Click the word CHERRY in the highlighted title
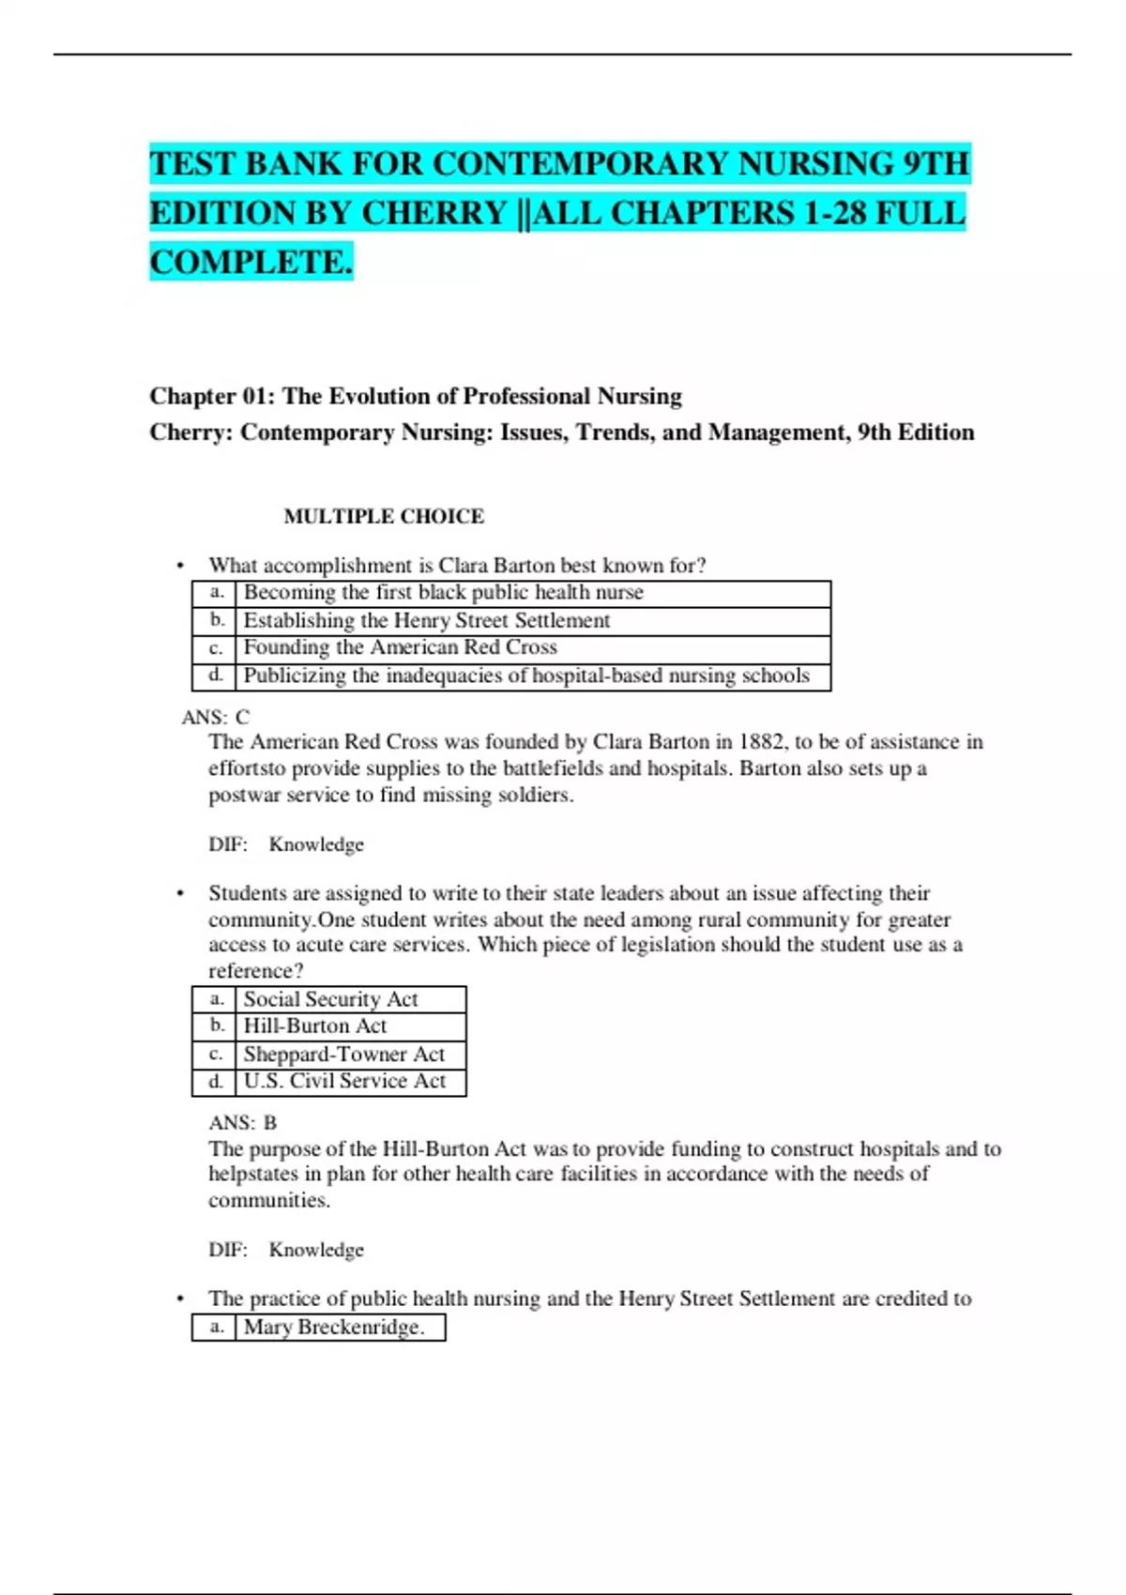tap(434, 214)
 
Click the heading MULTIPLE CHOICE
tap(384, 516)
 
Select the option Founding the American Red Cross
tap(400, 647)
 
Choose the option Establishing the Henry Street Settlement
tap(427, 620)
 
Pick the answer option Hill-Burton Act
tap(315, 1026)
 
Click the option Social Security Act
tap(330, 999)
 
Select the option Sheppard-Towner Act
tap(343, 1054)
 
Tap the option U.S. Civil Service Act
tap(344, 1081)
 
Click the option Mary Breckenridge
tap(333, 1327)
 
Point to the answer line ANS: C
tap(216, 718)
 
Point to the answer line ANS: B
tap(242, 1123)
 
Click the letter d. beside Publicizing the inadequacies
tap(216, 675)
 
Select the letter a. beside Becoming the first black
tap(216, 593)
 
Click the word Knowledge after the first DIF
tap(316, 844)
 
